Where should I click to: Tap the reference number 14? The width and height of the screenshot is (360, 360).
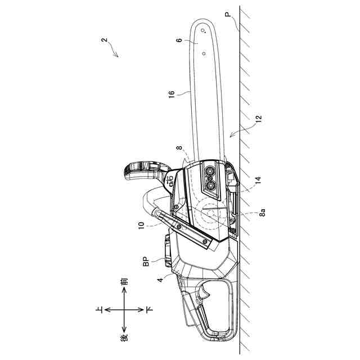[258, 179]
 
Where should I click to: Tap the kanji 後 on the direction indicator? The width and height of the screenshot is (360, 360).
[125, 337]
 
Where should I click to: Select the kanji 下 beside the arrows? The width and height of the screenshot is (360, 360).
[149, 310]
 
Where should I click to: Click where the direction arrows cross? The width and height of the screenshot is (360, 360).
[124, 310]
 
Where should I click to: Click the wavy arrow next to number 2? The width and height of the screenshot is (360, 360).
[115, 52]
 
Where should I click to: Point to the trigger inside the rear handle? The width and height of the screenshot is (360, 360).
[205, 295]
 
